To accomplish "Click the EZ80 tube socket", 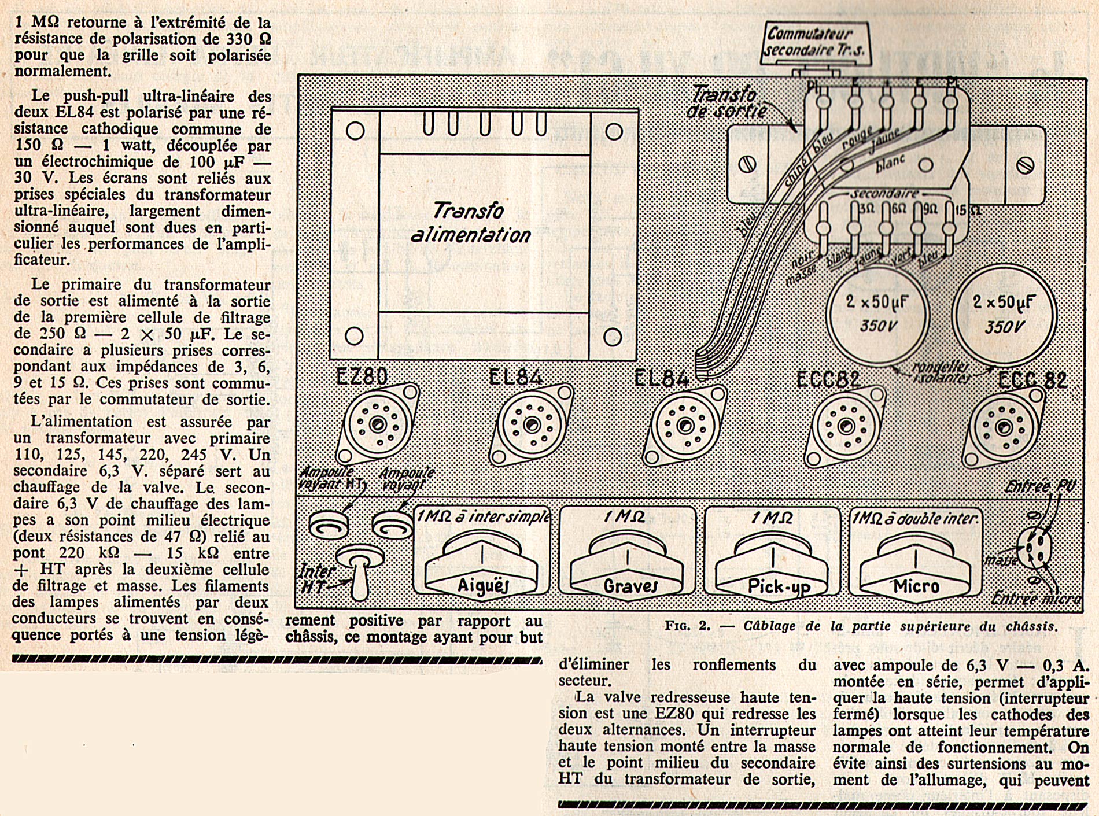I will pyautogui.click(x=378, y=425).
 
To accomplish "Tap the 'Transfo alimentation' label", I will pyautogui.click(x=470, y=222).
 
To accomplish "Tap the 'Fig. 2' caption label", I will pyautogui.click(x=861, y=626).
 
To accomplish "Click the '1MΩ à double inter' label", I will pyautogui.click(x=915, y=518).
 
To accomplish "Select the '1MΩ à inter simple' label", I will pyautogui.click(x=483, y=516).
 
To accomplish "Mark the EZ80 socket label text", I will pyautogui.click(x=362, y=376).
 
